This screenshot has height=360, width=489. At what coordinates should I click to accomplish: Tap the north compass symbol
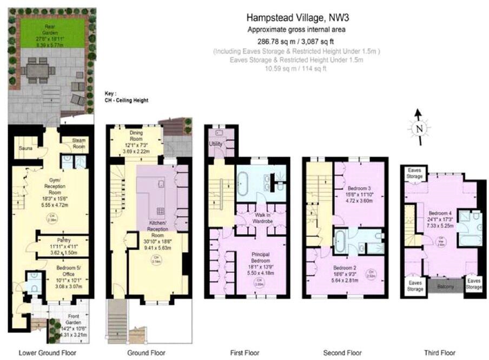[x=418, y=128]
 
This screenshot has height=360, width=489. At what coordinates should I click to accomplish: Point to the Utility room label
[x=216, y=144]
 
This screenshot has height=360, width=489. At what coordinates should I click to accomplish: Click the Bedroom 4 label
[x=442, y=213]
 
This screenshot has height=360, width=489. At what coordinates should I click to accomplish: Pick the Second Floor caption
[x=342, y=353]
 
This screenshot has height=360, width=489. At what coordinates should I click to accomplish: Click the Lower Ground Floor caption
[x=48, y=353]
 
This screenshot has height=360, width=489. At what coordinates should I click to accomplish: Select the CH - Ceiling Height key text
[x=126, y=101]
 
